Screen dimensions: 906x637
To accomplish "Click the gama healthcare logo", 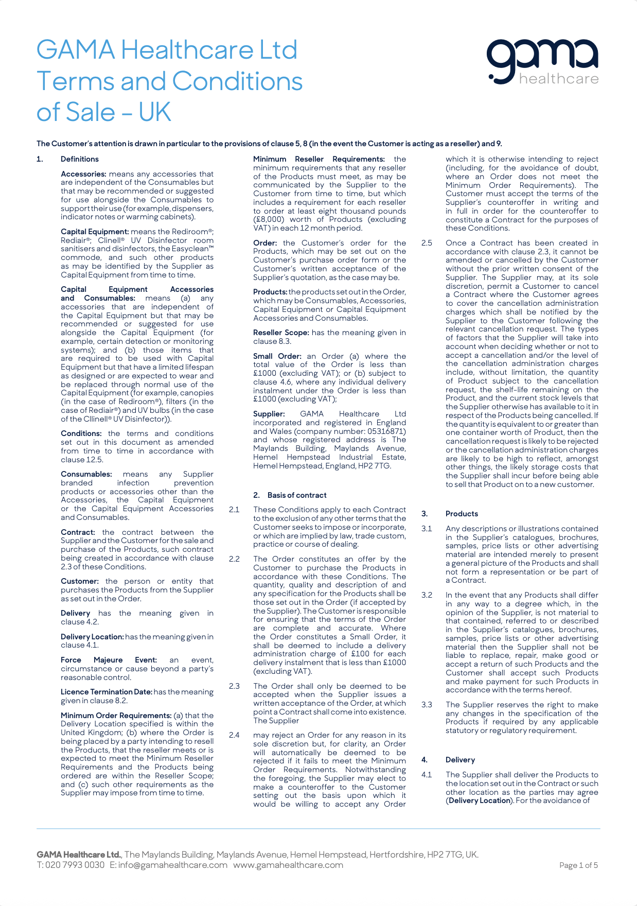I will click(543, 62).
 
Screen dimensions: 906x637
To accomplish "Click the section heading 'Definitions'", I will click(80, 159).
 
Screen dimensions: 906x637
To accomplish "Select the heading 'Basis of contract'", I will click(297, 495).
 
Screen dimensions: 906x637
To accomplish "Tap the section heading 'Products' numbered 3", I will click(462, 514).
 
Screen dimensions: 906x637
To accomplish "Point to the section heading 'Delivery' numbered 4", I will click(460, 760).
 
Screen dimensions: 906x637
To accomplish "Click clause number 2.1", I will click(234, 510).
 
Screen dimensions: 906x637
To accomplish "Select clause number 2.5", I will click(427, 243).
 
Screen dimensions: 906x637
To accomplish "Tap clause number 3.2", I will click(427, 595).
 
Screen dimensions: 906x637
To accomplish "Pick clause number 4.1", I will click(427, 775).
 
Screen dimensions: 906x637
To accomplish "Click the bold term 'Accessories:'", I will click(83, 174).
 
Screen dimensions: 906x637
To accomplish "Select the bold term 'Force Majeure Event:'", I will click(109, 660).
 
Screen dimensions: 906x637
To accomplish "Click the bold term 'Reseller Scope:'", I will click(281, 333).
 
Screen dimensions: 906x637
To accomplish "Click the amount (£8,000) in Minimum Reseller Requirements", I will click(270, 219).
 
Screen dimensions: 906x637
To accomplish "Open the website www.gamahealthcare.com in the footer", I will click(288, 865).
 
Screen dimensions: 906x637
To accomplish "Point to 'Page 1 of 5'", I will click(578, 865).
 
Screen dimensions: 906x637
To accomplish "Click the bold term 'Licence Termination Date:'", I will click(107, 692).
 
